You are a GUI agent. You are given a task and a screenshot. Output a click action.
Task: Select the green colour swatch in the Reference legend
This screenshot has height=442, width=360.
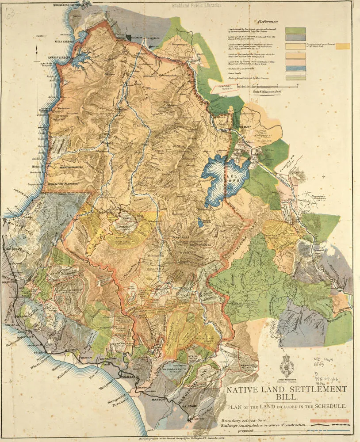tap(295, 30)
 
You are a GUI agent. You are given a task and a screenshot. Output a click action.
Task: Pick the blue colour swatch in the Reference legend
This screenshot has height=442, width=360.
tap(295, 69)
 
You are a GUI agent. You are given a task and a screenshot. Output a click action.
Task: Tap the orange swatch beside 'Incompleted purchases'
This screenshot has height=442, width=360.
tap(343, 46)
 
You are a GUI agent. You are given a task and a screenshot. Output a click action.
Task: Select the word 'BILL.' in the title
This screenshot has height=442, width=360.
tap(286, 397)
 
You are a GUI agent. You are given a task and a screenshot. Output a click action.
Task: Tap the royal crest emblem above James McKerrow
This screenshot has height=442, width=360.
tap(290, 364)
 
